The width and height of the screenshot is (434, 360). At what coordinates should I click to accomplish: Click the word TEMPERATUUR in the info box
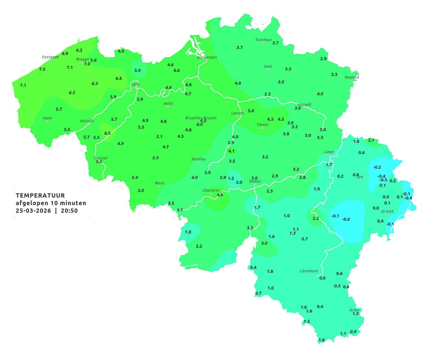(x=40, y=195)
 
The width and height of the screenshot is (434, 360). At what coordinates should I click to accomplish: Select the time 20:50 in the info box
(x=69, y=211)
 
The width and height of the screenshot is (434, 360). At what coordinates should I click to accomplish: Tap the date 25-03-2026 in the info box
(x=33, y=211)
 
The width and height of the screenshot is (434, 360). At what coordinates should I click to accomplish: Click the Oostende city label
(x=50, y=57)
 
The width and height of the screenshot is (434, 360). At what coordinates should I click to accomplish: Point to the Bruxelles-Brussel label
(x=201, y=118)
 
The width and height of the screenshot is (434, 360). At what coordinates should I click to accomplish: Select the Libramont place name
(x=308, y=271)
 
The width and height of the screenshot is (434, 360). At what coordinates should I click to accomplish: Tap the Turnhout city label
(x=263, y=40)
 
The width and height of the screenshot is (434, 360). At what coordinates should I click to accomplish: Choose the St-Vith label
(x=387, y=212)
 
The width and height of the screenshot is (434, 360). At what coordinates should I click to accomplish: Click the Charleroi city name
(x=210, y=190)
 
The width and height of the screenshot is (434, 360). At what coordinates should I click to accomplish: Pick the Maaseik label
(x=352, y=77)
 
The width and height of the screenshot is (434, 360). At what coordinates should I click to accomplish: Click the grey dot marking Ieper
(x=47, y=121)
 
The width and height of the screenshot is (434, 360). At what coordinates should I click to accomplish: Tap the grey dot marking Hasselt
(x=304, y=108)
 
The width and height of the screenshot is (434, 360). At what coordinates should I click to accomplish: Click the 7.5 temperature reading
(x=42, y=69)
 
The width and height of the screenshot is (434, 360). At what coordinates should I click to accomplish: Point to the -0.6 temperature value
(x=346, y=219)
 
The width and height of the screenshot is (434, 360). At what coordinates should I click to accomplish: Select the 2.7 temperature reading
(x=371, y=140)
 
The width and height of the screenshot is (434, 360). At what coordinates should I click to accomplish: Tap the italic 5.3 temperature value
(x=155, y=158)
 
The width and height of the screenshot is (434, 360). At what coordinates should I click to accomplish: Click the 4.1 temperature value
(x=231, y=151)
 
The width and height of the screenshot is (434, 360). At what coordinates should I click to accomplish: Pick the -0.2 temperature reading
(x=377, y=167)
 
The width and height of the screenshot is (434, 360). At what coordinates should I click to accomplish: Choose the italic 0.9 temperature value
(x=353, y=332)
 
